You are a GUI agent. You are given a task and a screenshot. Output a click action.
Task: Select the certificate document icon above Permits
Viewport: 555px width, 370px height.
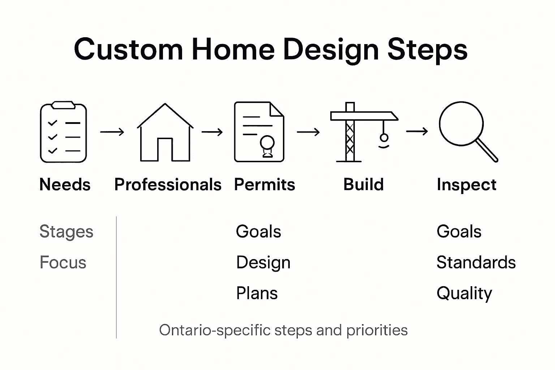coord(259,132)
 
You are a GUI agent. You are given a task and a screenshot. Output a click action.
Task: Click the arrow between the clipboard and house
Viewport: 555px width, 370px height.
coord(112,132)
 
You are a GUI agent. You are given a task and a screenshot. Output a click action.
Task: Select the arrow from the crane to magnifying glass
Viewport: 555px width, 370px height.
coord(417,132)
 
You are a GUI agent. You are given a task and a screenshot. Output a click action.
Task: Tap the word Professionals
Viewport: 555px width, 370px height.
coord(168,185)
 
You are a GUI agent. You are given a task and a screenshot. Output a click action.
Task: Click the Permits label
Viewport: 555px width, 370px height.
coord(264,185)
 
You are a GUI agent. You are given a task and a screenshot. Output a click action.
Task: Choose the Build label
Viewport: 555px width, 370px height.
coord(363,185)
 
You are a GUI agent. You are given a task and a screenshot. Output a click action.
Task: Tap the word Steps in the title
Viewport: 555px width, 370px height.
coord(427,50)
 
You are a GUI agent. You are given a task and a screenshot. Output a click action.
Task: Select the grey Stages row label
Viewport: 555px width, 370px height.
coord(66,232)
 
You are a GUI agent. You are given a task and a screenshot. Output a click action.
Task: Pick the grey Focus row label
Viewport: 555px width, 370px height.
coord(63,263)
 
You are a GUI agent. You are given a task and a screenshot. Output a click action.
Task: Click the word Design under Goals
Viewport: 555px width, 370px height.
coord(263,263)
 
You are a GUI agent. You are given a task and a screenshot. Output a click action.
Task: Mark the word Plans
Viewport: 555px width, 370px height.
coord(257,293)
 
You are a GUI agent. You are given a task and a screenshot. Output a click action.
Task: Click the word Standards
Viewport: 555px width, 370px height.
coord(476,263)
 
